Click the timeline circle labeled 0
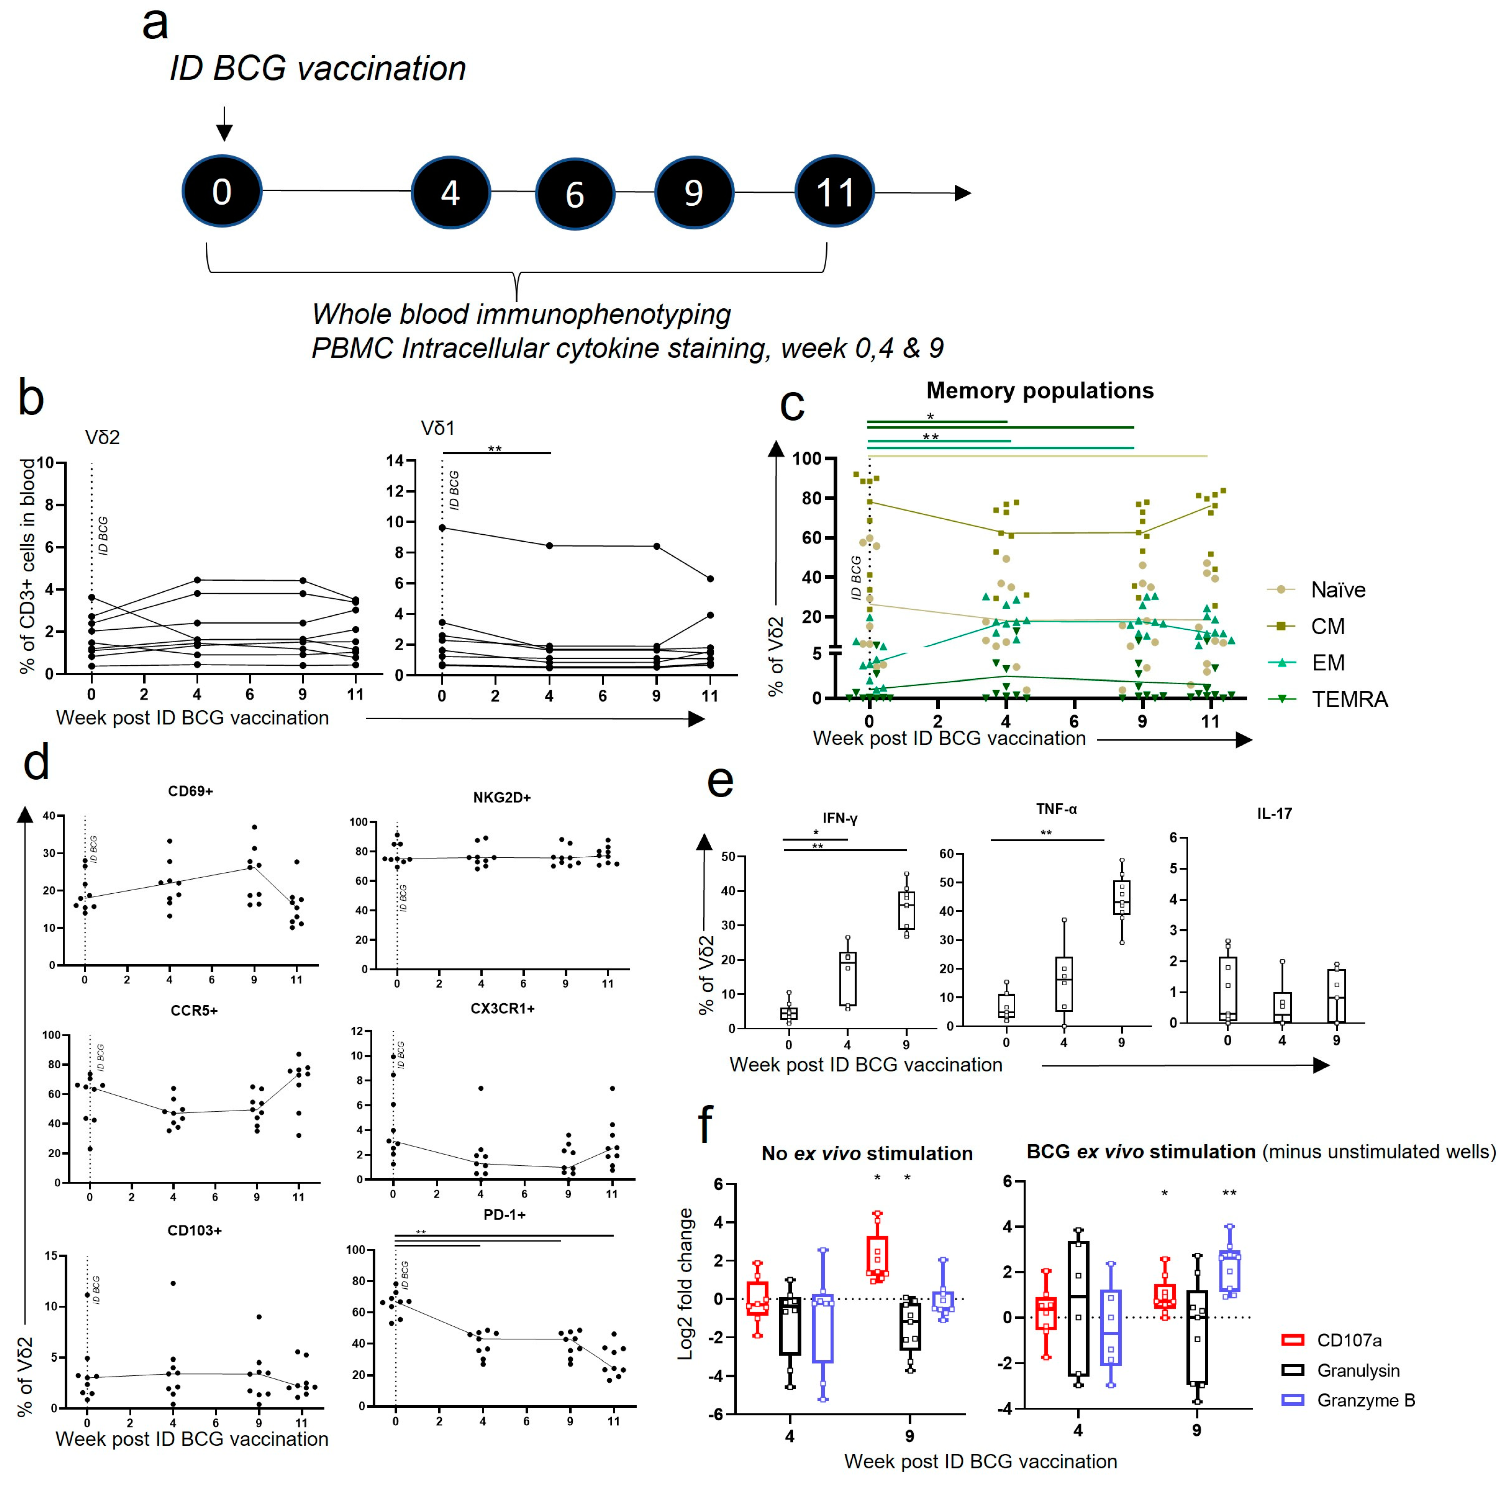coord(222,191)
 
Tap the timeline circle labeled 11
coord(835,191)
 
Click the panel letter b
coord(31,398)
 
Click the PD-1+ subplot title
coord(505,1214)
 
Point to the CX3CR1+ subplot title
coord(502,1008)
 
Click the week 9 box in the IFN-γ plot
coord(906,910)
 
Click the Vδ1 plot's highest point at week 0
coord(442,528)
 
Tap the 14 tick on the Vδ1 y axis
coord(395,461)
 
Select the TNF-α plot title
coord(1056,810)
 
